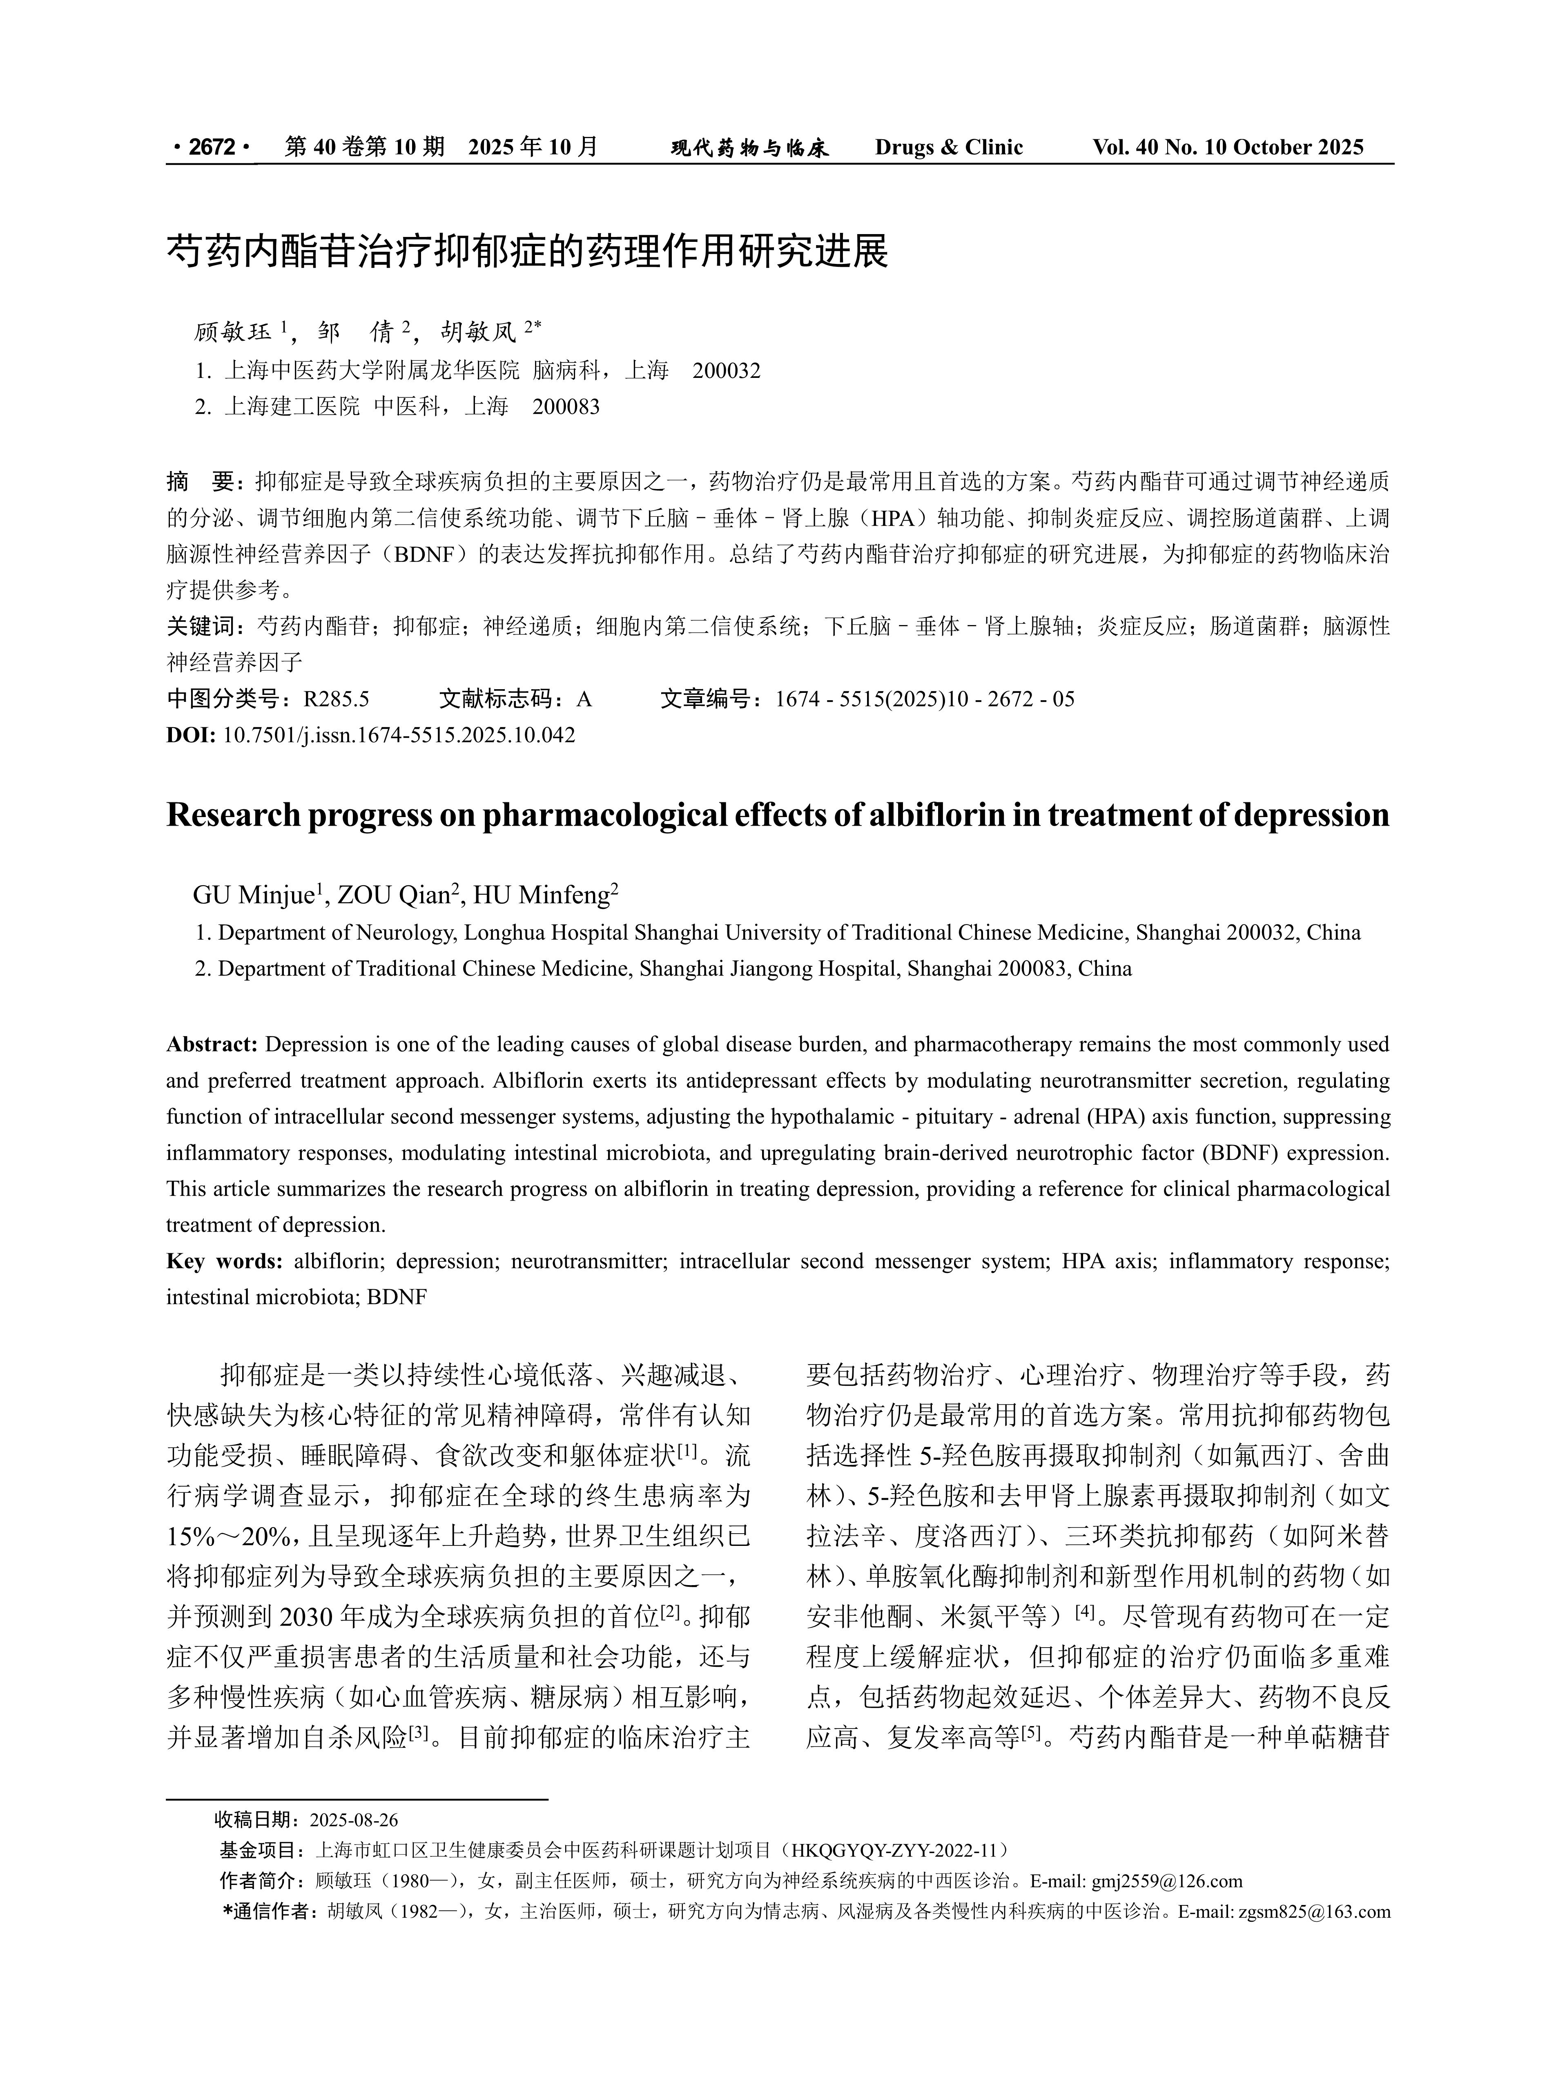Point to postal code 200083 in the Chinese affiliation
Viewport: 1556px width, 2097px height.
pos(566,407)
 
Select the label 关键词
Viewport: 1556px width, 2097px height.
pos(200,626)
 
